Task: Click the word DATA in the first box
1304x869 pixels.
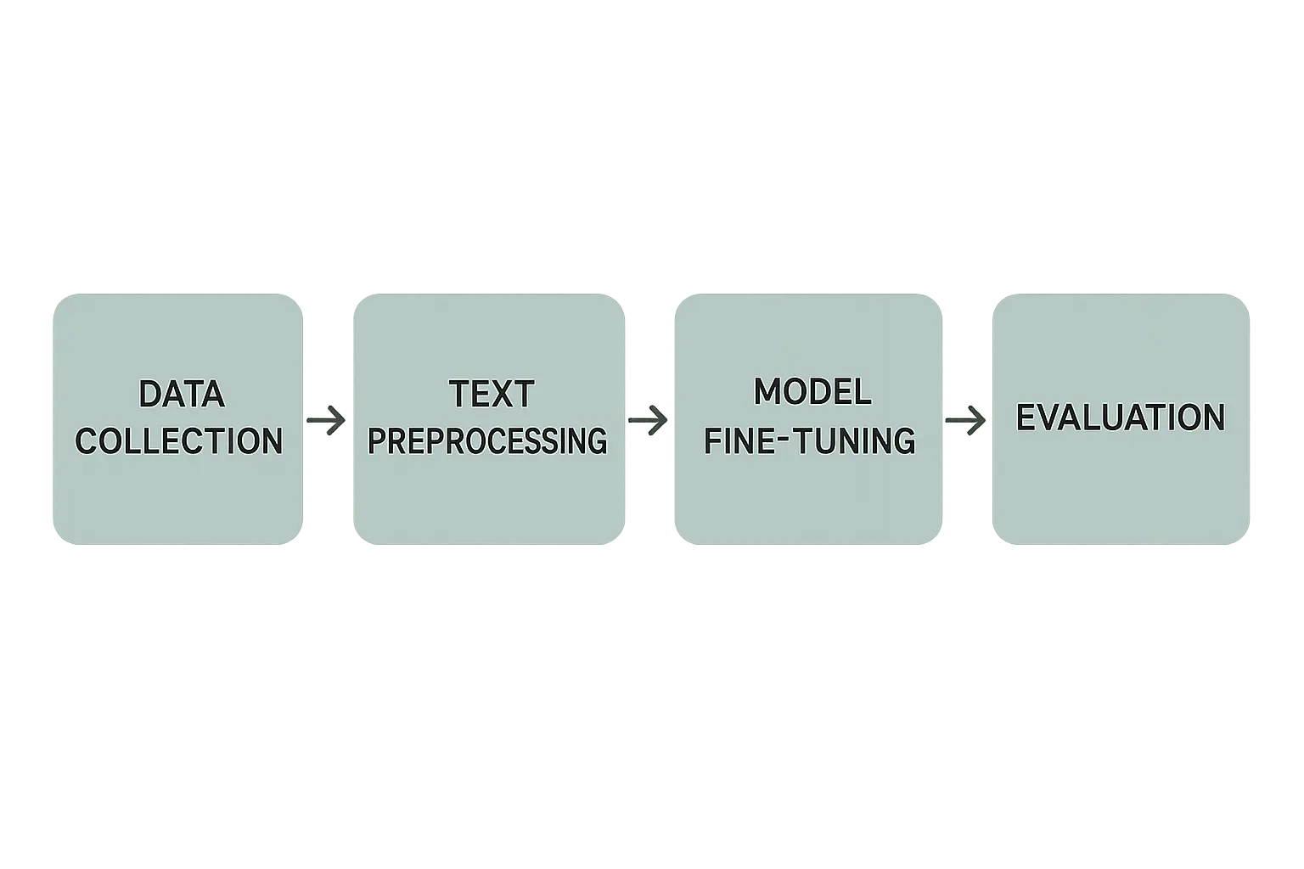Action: click(182, 394)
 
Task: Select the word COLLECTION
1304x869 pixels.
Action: click(179, 440)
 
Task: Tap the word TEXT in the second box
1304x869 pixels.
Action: click(492, 394)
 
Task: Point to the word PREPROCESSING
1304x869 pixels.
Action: click(488, 440)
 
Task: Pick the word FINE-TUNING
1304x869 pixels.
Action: click(810, 440)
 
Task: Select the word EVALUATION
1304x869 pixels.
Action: click(1121, 417)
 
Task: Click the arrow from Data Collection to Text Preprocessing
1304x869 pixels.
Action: click(326, 420)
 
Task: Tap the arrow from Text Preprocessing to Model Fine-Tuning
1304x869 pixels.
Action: click(648, 420)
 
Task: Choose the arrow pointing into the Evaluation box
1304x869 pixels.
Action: click(966, 420)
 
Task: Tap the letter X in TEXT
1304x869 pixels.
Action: click(498, 394)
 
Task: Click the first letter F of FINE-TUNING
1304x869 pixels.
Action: click(713, 440)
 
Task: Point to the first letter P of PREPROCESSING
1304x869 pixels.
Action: click(378, 440)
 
